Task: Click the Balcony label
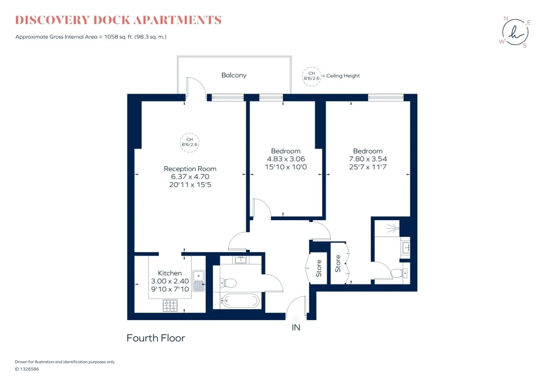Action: click(234, 75)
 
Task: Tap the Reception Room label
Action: click(190, 169)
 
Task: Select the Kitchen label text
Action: click(170, 273)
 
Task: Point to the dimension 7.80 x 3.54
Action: click(368, 159)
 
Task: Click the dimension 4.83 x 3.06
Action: click(286, 159)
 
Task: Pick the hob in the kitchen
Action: click(170, 306)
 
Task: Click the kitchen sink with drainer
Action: click(199, 281)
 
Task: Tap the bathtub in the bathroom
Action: click(240, 301)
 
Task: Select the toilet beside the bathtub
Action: click(228, 283)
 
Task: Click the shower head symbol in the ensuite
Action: click(393, 229)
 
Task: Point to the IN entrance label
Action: click(296, 328)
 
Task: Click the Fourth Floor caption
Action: click(156, 338)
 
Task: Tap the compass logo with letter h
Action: click(515, 32)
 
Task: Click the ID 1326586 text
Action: click(27, 369)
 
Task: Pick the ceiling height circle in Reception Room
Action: click(190, 133)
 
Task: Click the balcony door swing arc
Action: click(200, 83)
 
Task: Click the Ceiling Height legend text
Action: click(343, 76)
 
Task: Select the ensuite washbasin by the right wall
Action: click(406, 248)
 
